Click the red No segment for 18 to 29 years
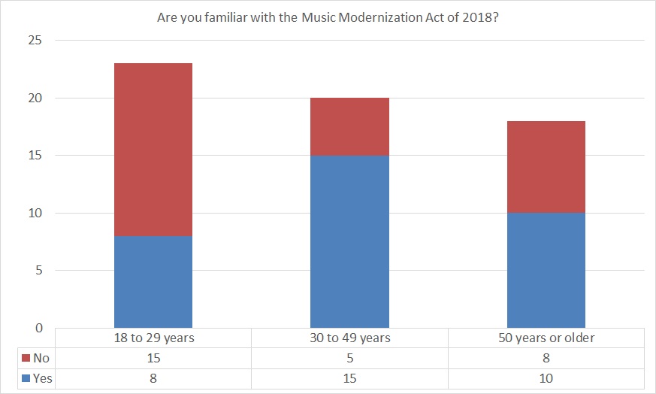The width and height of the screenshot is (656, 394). (x=153, y=150)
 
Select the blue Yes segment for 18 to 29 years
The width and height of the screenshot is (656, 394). (x=153, y=282)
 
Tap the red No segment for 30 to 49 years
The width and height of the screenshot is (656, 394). (x=349, y=126)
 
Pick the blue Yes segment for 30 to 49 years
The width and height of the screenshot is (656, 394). (x=349, y=241)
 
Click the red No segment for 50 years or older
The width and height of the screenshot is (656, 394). (x=546, y=167)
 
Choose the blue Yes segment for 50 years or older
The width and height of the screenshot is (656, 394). (x=546, y=271)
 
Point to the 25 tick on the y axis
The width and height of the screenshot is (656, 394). (x=36, y=41)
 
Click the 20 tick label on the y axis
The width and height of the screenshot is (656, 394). (x=36, y=98)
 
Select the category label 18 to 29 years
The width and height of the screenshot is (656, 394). (x=153, y=338)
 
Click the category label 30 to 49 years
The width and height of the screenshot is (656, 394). (x=349, y=338)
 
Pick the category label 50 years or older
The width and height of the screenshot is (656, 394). (x=546, y=338)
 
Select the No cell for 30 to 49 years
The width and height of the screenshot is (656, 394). (x=349, y=359)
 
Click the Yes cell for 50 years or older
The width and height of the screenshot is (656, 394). (x=546, y=378)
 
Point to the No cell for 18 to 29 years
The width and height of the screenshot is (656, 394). (x=153, y=359)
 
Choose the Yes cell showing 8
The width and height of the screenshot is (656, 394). (x=153, y=378)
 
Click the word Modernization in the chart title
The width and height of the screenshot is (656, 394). (x=385, y=17)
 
